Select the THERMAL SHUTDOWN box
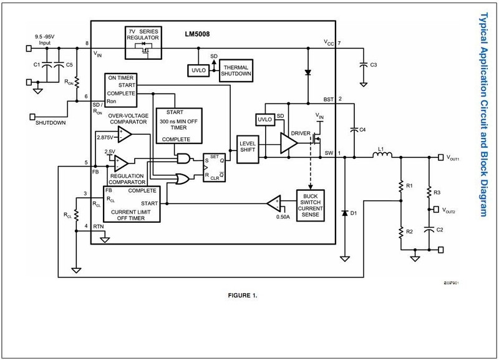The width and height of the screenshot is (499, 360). pos(237,70)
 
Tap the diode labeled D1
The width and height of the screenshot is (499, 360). pos(344,213)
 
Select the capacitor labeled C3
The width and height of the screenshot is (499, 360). pos(362,64)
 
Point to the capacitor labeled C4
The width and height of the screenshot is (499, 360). pos(354,129)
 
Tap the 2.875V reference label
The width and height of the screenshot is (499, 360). pos(106,135)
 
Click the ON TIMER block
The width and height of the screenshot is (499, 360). pos(122,89)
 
